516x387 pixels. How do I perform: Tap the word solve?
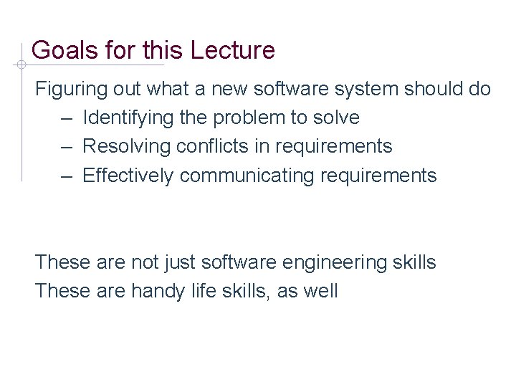click(337, 118)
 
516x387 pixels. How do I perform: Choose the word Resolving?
click(126, 147)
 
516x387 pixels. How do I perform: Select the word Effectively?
click(128, 176)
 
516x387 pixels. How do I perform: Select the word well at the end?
click(320, 292)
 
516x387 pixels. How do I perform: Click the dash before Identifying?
click(67, 118)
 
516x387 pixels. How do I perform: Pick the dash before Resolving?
click(67, 147)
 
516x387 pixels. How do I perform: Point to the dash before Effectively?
click(67, 176)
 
